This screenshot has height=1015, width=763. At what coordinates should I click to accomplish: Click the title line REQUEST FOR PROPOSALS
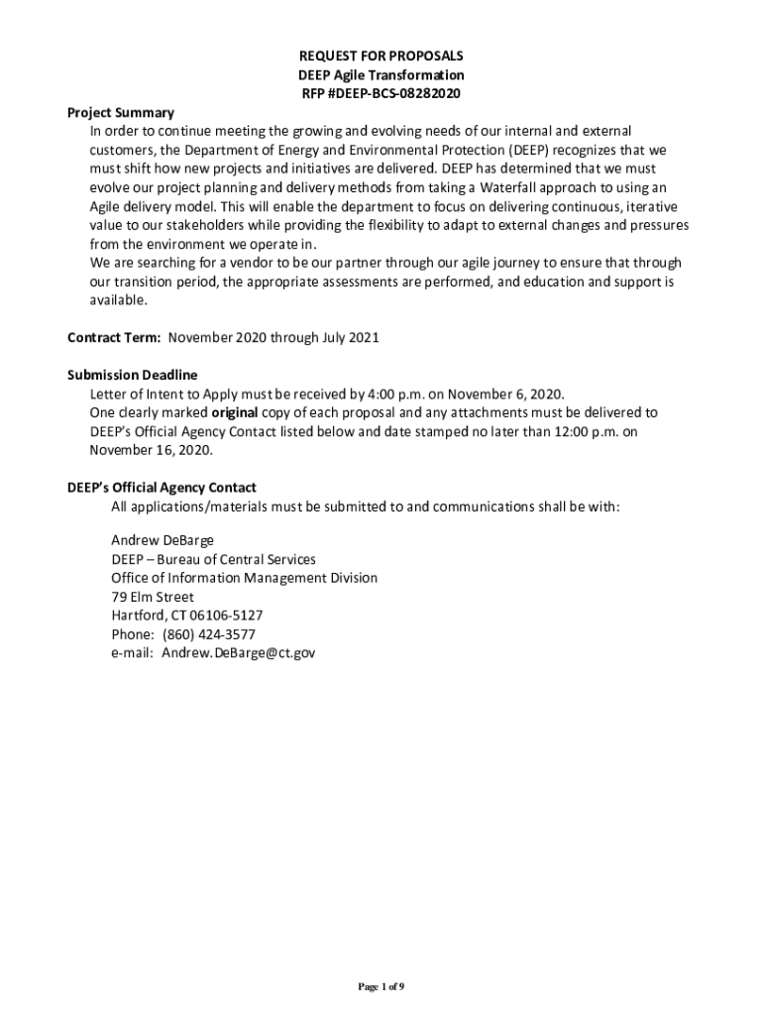click(381, 56)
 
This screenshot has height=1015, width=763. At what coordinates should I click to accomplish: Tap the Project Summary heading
click(121, 113)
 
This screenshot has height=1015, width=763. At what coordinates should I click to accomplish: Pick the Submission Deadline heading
click(132, 375)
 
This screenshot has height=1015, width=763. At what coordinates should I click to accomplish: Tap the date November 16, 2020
click(151, 450)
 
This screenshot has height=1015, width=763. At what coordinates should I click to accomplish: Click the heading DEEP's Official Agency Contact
click(162, 488)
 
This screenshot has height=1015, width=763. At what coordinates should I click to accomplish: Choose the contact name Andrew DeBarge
click(163, 540)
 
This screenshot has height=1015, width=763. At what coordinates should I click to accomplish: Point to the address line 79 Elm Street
click(153, 597)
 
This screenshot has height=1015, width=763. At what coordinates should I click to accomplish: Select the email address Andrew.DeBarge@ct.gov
click(239, 653)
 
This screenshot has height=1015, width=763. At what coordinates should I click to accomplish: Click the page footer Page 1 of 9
click(381, 959)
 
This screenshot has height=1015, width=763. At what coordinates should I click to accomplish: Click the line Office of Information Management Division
click(244, 578)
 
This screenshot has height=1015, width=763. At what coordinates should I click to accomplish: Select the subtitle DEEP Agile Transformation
click(381, 75)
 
